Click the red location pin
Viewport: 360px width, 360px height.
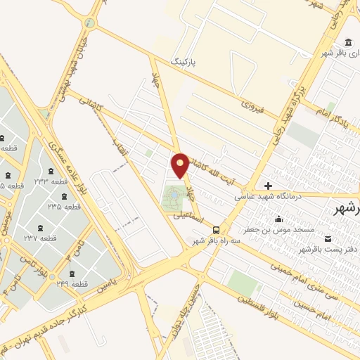pos(181,165)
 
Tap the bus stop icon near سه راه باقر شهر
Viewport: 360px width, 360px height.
pos(216,229)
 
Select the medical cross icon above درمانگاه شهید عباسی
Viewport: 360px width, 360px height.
pos(268,185)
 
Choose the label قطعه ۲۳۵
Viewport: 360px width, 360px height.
pos(64,207)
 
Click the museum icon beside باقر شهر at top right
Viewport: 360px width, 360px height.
pos(349,40)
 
